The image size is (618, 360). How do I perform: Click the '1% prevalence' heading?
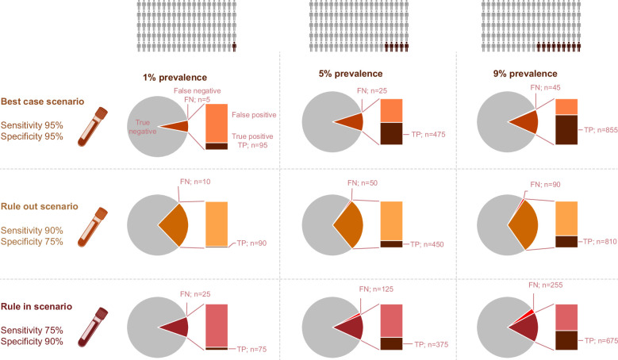pyautogui.click(x=175, y=78)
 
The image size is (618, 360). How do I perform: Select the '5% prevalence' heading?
pyautogui.click(x=351, y=74)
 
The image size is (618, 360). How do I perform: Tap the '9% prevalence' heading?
pyautogui.click(x=525, y=74)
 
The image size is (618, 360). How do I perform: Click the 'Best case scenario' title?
pyautogui.click(x=42, y=101)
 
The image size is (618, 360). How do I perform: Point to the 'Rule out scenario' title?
pyautogui.click(x=40, y=206)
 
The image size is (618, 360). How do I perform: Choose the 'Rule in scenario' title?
pyautogui.click(x=36, y=306)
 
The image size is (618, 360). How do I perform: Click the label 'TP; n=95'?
pyautogui.click(x=252, y=145)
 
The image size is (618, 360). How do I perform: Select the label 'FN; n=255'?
pyautogui.click(x=546, y=285)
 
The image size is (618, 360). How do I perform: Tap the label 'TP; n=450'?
pyautogui.click(x=427, y=244)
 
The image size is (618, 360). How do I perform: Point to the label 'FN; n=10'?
pyautogui.click(x=195, y=182)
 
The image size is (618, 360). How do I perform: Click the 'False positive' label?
pyautogui.click(x=254, y=115)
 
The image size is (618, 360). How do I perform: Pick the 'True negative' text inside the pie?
pyautogui.click(x=143, y=127)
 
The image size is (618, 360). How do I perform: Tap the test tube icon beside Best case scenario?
pyautogui.click(x=93, y=127)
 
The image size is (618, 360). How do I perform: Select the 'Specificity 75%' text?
pyautogui.click(x=32, y=241)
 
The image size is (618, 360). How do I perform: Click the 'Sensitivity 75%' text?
pyautogui.click(x=32, y=330)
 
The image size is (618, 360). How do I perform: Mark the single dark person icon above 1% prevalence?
pyautogui.click(x=234, y=48)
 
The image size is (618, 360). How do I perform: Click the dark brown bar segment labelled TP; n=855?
pyautogui.click(x=566, y=130)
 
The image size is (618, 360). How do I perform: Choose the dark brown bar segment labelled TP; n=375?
pyautogui.click(x=391, y=344)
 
